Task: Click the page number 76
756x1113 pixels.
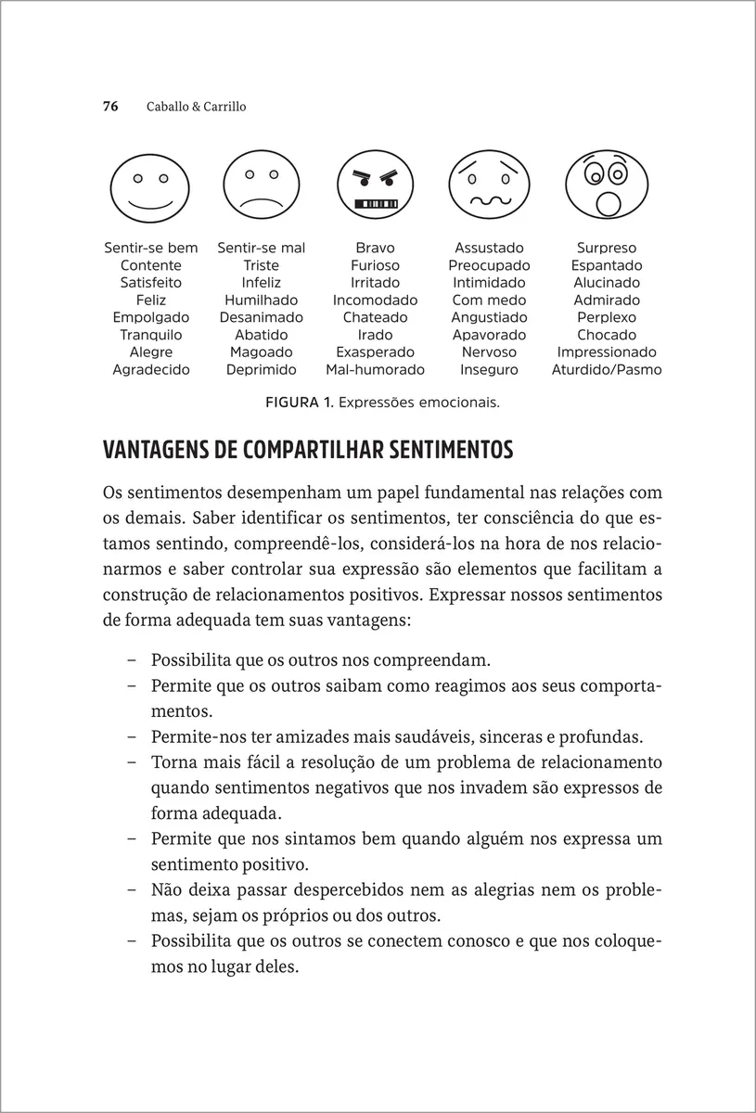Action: click(x=109, y=107)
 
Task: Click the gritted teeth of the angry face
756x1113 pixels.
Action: click(x=376, y=202)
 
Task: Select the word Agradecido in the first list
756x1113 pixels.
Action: click(x=150, y=369)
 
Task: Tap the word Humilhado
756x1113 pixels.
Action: click(x=262, y=301)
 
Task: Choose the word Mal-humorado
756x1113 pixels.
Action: click(x=375, y=369)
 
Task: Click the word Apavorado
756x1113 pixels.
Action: click(x=489, y=335)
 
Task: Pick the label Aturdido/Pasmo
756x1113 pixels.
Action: click(x=607, y=369)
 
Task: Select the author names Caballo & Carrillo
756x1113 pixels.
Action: click(x=196, y=107)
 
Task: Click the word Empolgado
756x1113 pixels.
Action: click(x=150, y=317)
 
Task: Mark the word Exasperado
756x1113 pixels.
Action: click(x=375, y=352)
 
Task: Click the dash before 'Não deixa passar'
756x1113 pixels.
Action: click(x=131, y=890)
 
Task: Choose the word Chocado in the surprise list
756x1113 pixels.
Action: click(x=607, y=335)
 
